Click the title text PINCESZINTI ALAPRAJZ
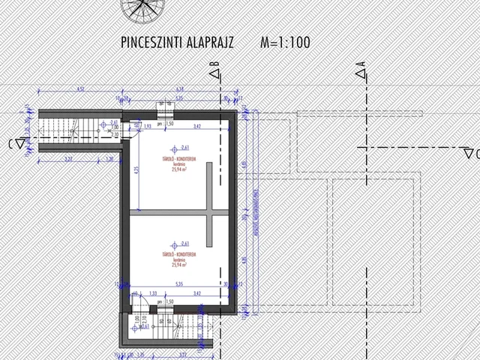[176, 43]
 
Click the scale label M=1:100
[285, 43]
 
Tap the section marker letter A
[362, 71]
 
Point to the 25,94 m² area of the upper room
[178, 169]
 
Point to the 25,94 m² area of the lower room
[178, 264]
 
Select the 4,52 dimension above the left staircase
[81, 90]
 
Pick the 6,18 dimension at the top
[180, 90]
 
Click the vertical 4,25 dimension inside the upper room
[136, 169]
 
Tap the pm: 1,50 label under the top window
[166, 124]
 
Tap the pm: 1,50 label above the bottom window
[166, 301]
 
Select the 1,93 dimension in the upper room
[147, 126]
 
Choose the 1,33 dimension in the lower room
[153, 293]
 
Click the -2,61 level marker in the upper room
[183, 148]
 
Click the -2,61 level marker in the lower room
[183, 243]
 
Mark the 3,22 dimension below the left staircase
[68, 159]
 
